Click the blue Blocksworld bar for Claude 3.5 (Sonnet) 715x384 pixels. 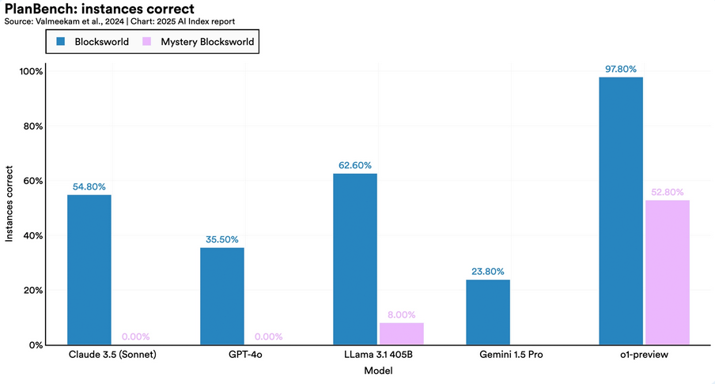pos(89,269)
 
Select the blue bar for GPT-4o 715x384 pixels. pos(221,296)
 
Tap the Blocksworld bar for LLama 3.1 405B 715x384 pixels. pos(354,259)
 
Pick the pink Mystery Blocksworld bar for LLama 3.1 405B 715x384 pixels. pos(401,333)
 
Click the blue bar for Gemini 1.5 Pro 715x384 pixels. pos(487,312)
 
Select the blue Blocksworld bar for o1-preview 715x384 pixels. pos(620,211)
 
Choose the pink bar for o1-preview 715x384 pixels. pos(667,273)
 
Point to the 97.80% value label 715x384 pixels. pos(620,69)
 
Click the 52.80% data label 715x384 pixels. pos(667,192)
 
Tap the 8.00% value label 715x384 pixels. pos(401,314)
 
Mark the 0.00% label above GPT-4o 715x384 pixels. pos(268,337)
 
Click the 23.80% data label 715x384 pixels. pos(487,271)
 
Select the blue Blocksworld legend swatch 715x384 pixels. pos(61,41)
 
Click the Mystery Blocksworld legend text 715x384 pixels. pos(207,42)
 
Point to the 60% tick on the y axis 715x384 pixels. pos(31,180)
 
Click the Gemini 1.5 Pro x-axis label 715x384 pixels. pos(511,355)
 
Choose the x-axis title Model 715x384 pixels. pos(377,371)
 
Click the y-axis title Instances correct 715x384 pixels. pos(9,203)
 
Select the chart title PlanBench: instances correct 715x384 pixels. pos(99,9)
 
